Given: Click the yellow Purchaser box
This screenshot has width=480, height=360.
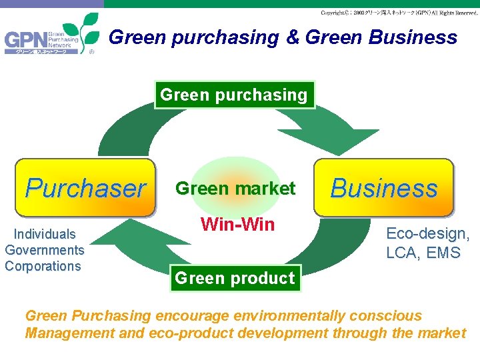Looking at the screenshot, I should click(85, 189).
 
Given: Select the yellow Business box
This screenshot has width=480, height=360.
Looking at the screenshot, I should click(383, 188).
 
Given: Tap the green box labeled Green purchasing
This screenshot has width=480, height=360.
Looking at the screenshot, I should click(234, 95).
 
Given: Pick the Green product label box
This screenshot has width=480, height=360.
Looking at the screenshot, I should click(234, 278).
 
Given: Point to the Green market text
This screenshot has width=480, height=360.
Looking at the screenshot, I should click(235, 189).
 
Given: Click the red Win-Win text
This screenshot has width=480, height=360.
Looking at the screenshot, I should click(237, 224).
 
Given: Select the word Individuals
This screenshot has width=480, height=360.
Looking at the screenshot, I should click(45, 234).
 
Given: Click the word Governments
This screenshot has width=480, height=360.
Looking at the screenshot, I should click(45, 250).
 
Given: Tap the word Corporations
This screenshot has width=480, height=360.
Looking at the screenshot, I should click(43, 266).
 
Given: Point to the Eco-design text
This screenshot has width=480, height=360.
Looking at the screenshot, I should click(428, 234).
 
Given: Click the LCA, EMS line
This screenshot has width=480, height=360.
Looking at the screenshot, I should click(423, 253).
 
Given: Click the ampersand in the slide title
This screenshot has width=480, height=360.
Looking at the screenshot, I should click(293, 38).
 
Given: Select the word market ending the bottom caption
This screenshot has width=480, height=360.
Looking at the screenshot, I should click(441, 333).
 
